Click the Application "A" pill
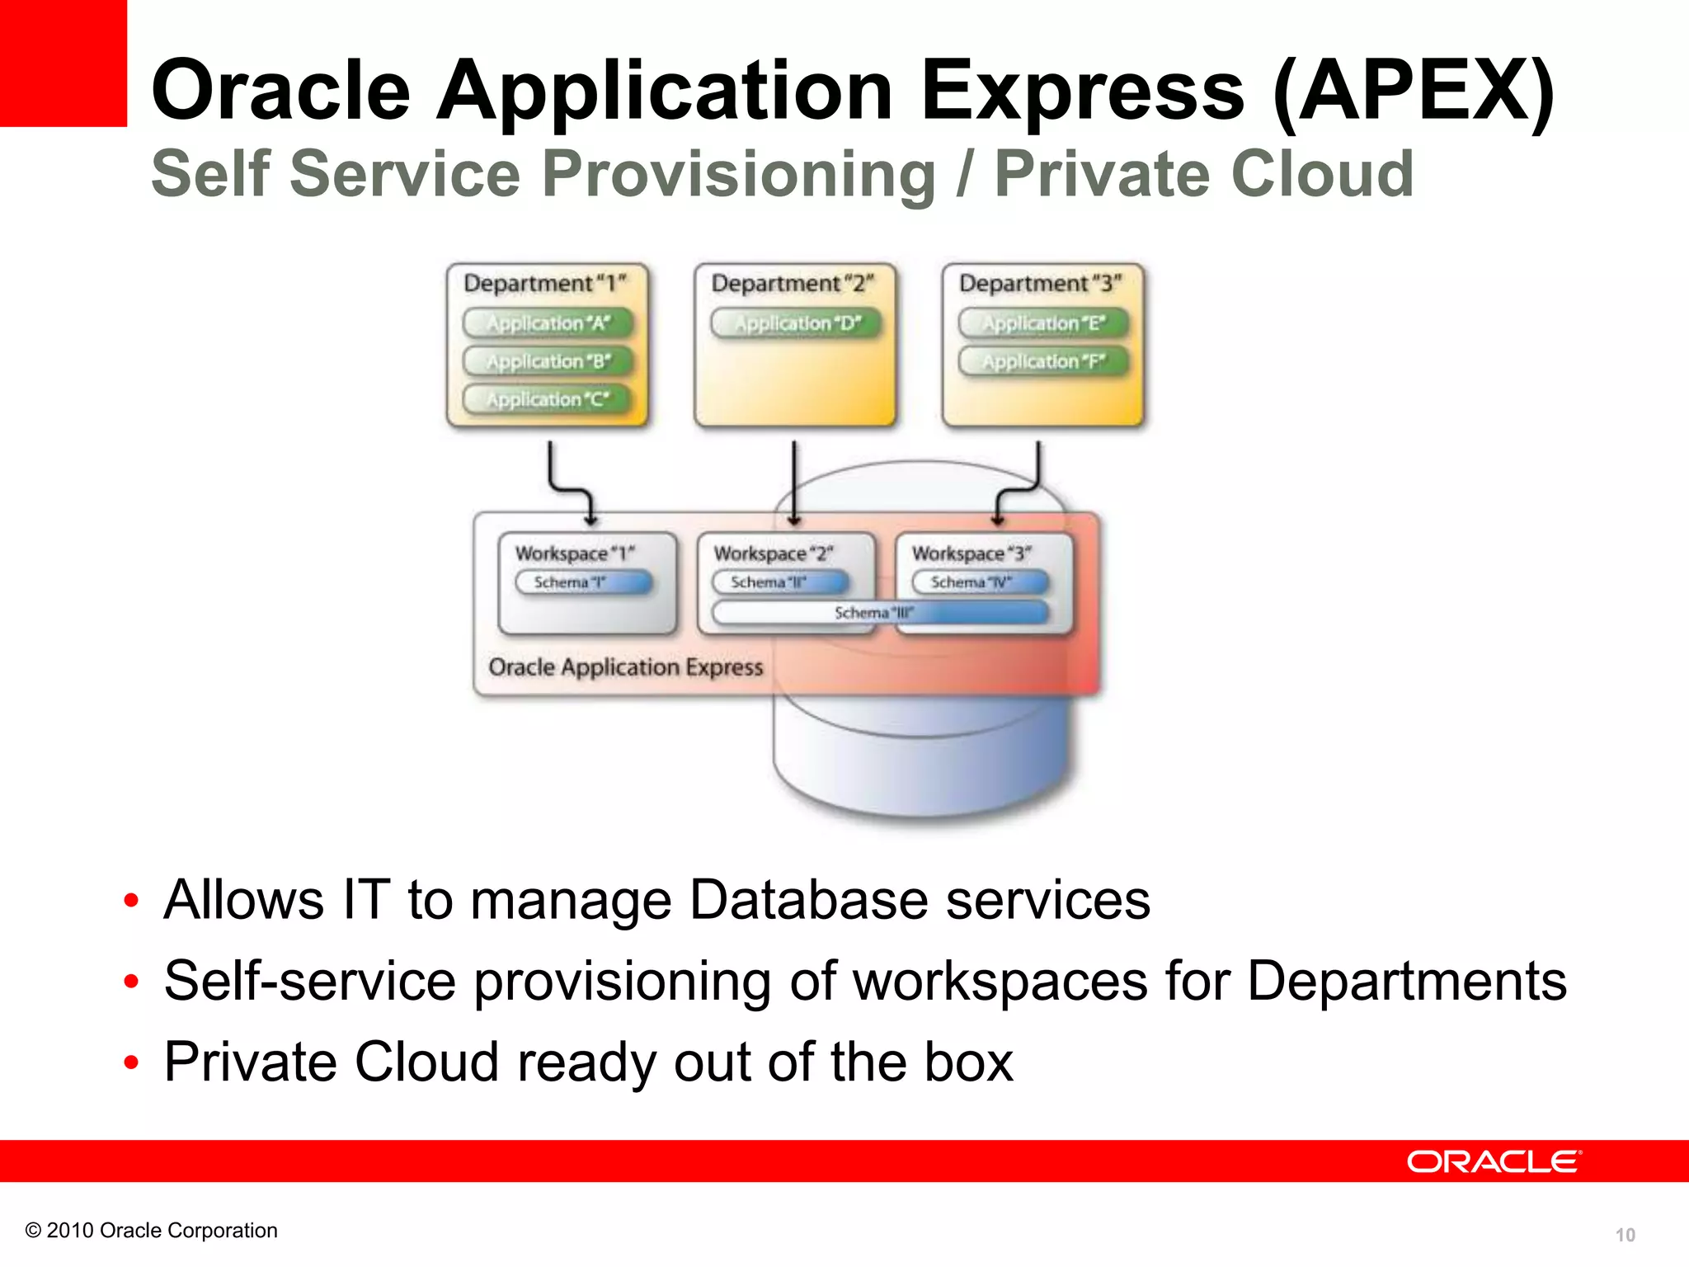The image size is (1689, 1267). (548, 323)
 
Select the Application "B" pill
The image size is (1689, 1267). (548, 361)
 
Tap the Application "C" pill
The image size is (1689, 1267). (548, 399)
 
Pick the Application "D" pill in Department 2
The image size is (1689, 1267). (797, 323)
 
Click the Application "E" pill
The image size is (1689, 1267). (1043, 323)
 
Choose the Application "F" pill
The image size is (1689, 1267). (1043, 361)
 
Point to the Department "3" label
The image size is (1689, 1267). (1040, 284)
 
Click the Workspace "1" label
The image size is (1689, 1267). (575, 553)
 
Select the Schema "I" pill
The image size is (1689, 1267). (583, 582)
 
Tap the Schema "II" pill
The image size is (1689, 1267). (780, 582)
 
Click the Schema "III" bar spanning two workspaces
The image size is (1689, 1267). (880, 613)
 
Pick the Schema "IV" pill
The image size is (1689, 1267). (980, 582)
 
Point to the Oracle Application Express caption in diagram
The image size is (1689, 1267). (625, 667)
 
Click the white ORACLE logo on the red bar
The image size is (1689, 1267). (1494, 1161)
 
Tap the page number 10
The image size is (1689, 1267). (1624, 1235)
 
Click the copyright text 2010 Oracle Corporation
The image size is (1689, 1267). (152, 1231)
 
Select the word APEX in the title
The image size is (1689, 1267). (1414, 91)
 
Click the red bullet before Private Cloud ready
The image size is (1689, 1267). (130, 1062)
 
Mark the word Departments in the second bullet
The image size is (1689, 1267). (1406, 982)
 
